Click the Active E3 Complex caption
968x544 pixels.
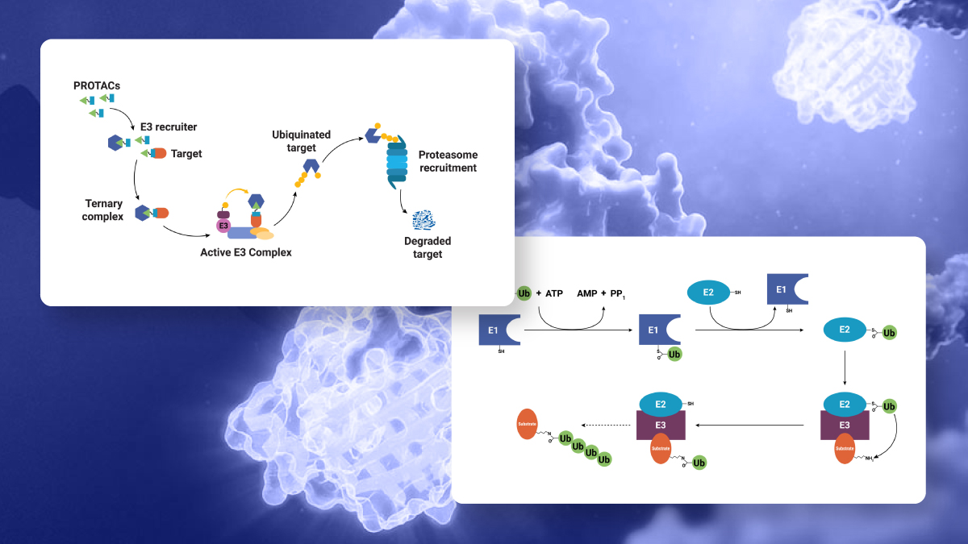[245, 252]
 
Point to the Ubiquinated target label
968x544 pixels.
[301, 140]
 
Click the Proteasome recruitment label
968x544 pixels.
[448, 160]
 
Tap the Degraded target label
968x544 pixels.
[428, 247]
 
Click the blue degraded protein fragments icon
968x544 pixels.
[423, 219]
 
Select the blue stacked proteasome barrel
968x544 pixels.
[398, 161]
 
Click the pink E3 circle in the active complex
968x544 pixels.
[224, 226]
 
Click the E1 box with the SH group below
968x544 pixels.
[497, 330]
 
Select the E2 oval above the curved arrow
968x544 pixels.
[707, 292]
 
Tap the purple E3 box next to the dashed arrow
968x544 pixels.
[661, 426]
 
